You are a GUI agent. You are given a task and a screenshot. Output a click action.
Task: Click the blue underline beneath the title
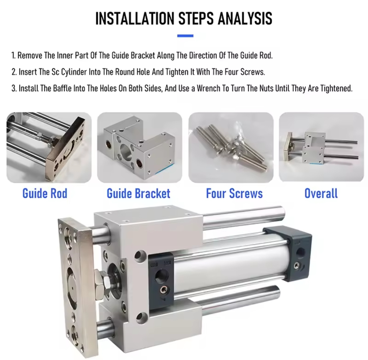click(185, 36)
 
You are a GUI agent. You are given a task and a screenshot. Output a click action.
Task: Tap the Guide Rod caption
click(45, 193)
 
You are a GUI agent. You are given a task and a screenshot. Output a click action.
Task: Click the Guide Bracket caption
click(138, 193)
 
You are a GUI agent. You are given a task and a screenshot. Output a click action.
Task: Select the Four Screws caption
click(234, 193)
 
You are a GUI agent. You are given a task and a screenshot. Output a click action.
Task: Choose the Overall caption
click(321, 193)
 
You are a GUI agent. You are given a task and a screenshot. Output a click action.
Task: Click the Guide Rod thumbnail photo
click(49, 147)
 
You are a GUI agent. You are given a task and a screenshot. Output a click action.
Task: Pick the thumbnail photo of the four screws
click(231, 147)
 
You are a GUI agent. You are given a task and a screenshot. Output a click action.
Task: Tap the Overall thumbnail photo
click(321, 147)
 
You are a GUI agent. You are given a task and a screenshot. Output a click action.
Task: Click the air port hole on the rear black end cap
click(300, 253)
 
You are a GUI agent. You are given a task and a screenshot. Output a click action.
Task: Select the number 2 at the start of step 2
click(14, 72)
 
